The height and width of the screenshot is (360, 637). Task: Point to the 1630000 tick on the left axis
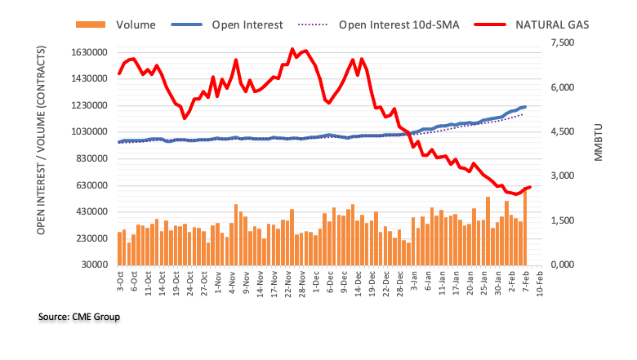(89, 52)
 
